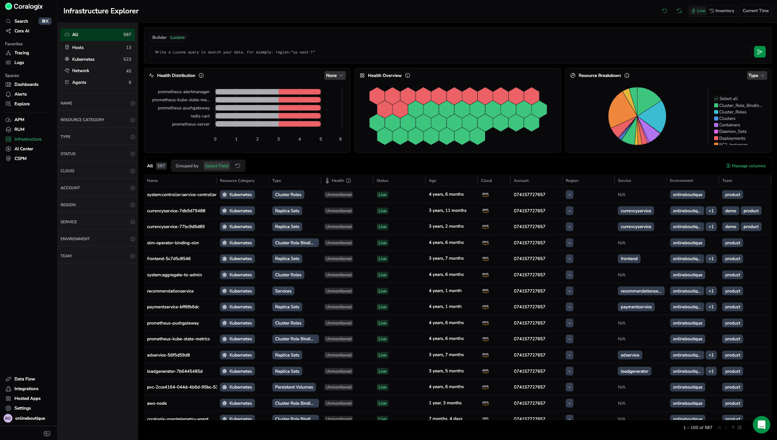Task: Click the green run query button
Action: tap(760, 52)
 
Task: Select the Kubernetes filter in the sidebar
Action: tap(83, 59)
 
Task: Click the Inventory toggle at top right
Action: tap(722, 11)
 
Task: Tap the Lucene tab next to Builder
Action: tap(177, 38)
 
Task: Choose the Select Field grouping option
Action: tap(217, 166)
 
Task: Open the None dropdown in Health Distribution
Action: tap(335, 76)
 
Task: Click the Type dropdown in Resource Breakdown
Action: tap(756, 76)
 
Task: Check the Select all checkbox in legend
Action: tap(716, 99)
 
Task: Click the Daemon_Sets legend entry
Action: tap(732, 132)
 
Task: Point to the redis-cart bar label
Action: tap(200, 116)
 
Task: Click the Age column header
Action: tap(432, 181)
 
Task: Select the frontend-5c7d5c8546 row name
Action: tap(169, 259)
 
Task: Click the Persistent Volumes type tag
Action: tap(294, 387)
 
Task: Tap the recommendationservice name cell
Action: tap(170, 291)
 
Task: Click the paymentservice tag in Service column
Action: tap(636, 307)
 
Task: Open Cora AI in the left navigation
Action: tap(22, 31)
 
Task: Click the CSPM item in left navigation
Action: tap(20, 159)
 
